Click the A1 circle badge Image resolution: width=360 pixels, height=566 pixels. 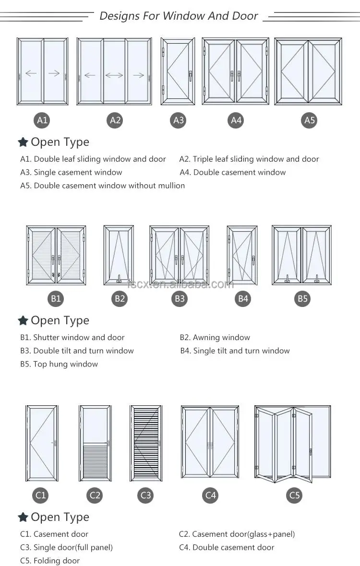point(43,120)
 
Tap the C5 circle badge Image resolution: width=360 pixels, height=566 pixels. point(294,495)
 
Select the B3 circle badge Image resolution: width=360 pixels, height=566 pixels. point(180,299)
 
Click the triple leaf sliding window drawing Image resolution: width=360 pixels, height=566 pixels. point(114,71)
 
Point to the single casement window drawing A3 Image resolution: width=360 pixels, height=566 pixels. point(178,71)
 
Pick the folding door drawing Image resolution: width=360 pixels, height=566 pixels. point(292,444)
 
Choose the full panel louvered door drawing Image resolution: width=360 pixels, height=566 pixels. point(145,443)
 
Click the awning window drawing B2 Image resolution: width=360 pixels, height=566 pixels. point(119,255)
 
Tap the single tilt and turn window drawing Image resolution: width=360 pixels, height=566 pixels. point(242,255)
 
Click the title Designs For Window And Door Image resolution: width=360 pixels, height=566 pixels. point(179,16)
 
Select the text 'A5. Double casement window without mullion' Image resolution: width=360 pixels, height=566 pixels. point(102,186)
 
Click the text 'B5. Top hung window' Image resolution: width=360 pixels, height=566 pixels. point(59,364)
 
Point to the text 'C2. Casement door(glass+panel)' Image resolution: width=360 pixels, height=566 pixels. point(237,534)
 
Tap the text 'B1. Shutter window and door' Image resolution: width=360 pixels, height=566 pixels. point(72,337)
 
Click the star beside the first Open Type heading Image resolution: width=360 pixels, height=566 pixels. point(23,142)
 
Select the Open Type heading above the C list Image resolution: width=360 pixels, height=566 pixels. point(60,517)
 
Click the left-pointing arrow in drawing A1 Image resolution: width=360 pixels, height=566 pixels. point(31,73)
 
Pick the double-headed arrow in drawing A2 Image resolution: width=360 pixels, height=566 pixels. point(114,75)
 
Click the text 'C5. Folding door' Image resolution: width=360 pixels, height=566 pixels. point(50,561)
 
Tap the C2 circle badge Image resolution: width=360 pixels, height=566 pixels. point(95,495)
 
